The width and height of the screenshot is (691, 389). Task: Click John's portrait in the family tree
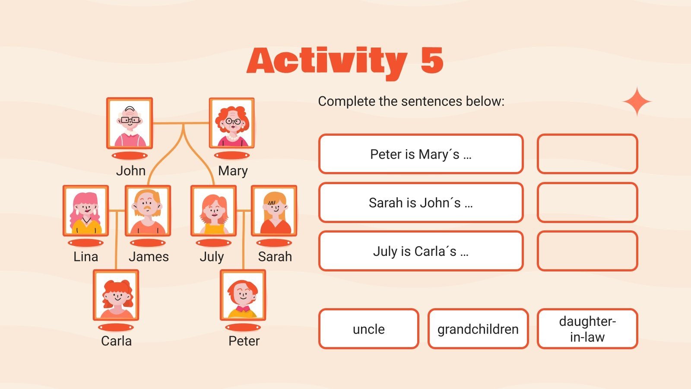(130, 123)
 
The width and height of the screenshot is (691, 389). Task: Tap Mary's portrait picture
(232, 123)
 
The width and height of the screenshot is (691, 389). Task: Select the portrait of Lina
(86, 211)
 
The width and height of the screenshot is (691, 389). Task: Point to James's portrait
(148, 211)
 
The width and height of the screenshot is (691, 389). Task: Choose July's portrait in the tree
(213, 211)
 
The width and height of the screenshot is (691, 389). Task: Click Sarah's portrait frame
(274, 211)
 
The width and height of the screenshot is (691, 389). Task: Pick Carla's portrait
(116, 295)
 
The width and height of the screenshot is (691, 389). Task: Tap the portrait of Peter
(243, 295)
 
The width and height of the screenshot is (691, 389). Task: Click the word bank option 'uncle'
(369, 329)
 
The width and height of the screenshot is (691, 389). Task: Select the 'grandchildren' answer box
(478, 329)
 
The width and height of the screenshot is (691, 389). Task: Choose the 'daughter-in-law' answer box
(587, 329)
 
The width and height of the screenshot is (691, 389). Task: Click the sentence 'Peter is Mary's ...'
(421, 154)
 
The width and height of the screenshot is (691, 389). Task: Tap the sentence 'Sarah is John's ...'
(421, 203)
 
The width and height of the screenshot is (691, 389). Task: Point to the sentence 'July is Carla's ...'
(421, 251)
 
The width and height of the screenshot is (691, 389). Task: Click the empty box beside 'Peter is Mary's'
(587, 154)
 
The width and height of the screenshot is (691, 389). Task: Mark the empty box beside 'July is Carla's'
(587, 251)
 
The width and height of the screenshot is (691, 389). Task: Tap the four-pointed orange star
(637, 102)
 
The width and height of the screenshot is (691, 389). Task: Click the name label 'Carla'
(116, 341)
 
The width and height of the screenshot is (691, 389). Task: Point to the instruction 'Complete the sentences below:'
(411, 101)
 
